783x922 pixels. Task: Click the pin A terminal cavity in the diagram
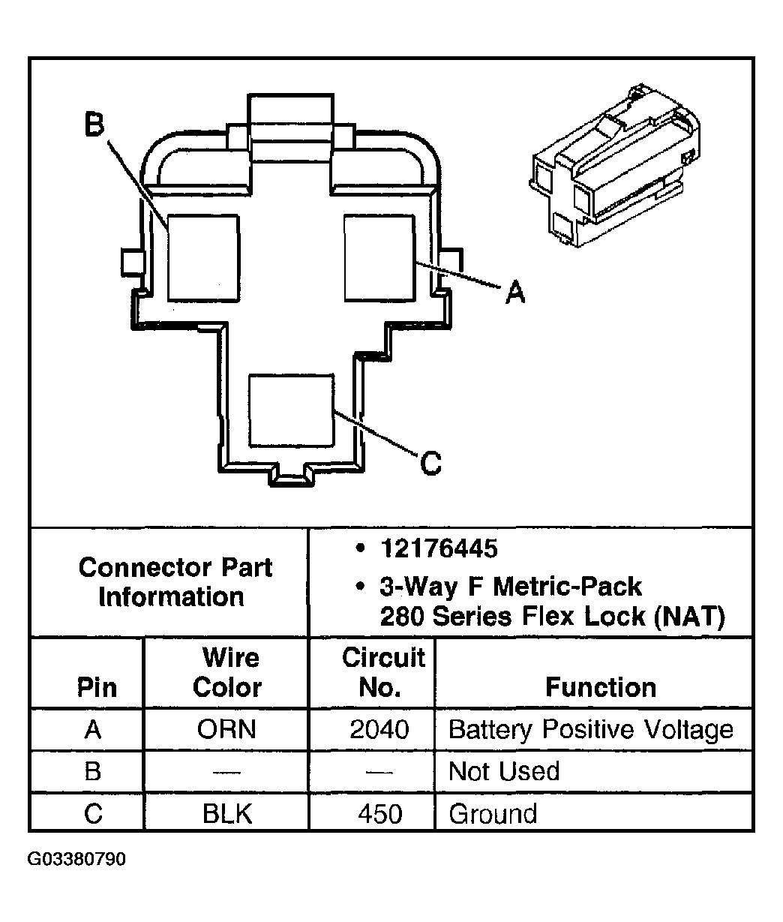[x=380, y=258]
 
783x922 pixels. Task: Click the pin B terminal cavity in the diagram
[x=204, y=258]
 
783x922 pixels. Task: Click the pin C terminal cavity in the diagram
[x=292, y=410]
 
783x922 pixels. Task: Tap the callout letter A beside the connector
[x=515, y=292]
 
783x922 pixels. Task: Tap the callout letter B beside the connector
[x=94, y=124]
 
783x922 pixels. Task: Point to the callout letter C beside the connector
[x=430, y=463]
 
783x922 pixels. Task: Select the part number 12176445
[x=439, y=548]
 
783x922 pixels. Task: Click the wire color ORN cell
[x=226, y=729]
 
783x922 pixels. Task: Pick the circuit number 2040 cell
[x=379, y=729]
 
